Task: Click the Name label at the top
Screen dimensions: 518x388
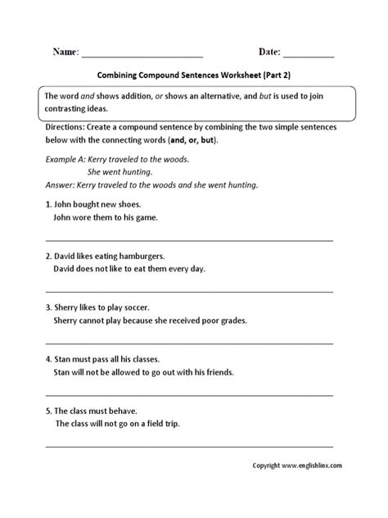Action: coord(65,52)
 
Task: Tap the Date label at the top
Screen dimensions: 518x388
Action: coord(269,52)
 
